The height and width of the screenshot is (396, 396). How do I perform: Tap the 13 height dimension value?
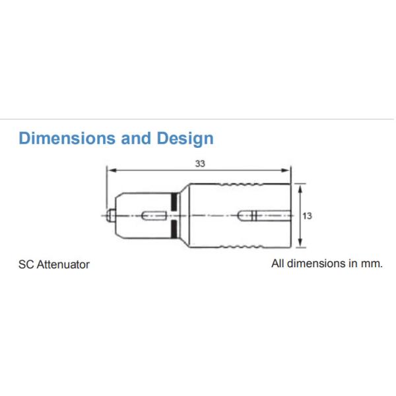click(x=307, y=215)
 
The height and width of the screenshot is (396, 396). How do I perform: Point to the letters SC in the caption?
click(x=25, y=264)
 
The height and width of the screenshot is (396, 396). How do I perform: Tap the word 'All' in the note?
click(x=278, y=263)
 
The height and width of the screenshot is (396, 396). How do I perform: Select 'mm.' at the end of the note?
click(x=372, y=263)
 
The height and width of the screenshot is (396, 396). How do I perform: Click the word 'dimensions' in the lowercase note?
click(x=315, y=263)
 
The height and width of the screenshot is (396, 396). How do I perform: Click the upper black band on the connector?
click(x=174, y=201)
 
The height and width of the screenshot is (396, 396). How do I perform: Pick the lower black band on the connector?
click(x=174, y=228)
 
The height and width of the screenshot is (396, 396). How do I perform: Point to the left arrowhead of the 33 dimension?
click(x=111, y=170)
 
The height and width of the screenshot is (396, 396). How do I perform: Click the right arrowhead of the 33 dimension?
click(x=288, y=170)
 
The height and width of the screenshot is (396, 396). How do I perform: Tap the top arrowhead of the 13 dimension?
click(x=301, y=187)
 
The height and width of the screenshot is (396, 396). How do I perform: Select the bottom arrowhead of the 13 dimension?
click(x=301, y=245)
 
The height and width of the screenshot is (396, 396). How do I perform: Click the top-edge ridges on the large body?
click(x=244, y=184)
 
